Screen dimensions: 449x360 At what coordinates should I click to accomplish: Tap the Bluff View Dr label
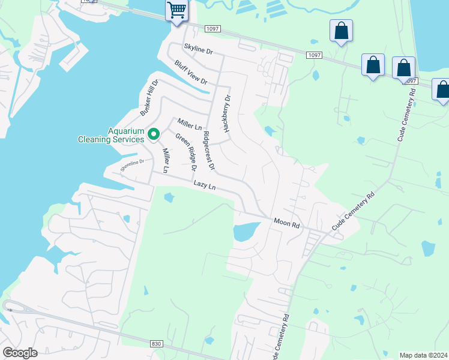coord(191,73)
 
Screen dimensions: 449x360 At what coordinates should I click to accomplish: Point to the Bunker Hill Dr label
coord(149,98)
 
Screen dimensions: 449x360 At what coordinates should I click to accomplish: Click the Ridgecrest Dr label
coord(209,150)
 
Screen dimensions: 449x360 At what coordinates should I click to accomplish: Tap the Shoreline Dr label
coord(132,165)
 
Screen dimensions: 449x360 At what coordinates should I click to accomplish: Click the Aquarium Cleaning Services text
coord(110,135)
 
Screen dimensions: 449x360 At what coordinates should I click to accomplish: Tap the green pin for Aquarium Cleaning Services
coord(154,134)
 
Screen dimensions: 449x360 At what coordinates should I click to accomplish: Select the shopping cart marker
coord(176,11)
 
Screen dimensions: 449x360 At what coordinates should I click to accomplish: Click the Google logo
coord(20,353)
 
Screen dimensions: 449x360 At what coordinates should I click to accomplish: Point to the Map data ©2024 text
coord(423,355)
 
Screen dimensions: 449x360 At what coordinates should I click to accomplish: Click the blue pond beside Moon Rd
coord(246,231)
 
